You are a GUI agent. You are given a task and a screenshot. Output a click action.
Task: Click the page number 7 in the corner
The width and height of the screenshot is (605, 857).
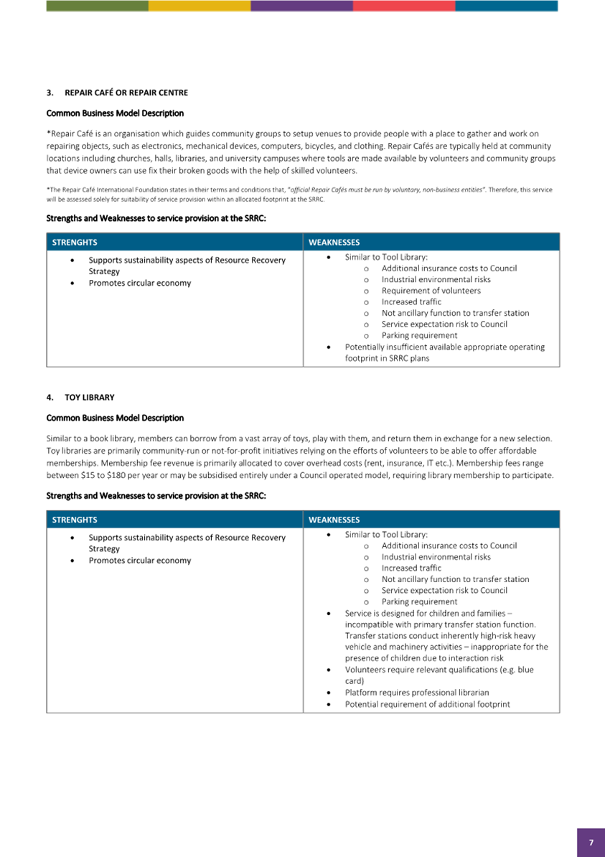point(591,843)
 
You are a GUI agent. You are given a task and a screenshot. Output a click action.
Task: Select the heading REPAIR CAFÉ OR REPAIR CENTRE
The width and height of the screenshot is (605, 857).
point(126,93)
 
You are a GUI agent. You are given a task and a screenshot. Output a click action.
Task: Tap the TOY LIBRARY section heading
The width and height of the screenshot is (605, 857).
point(90,397)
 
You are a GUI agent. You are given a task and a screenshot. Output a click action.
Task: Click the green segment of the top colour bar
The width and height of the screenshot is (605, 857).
point(97,6)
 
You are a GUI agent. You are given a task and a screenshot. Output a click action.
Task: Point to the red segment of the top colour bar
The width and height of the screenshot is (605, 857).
point(403,6)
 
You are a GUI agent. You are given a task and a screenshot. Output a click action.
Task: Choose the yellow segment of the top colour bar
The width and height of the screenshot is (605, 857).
point(200,6)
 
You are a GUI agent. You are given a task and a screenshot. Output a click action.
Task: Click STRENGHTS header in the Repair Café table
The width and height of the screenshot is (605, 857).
point(75,243)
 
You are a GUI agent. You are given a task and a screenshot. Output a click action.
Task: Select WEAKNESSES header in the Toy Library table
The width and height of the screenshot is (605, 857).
point(334,520)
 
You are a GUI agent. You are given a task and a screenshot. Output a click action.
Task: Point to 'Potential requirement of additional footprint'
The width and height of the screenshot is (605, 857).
point(427,704)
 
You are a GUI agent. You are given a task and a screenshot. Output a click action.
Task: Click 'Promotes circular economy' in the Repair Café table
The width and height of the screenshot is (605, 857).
point(140,283)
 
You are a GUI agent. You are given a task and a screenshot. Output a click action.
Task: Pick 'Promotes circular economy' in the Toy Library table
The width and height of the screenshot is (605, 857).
point(140,560)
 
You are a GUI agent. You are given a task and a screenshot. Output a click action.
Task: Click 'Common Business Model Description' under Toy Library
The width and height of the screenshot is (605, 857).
point(115,418)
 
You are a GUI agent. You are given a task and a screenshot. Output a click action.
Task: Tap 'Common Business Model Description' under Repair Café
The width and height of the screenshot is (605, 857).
point(115,113)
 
